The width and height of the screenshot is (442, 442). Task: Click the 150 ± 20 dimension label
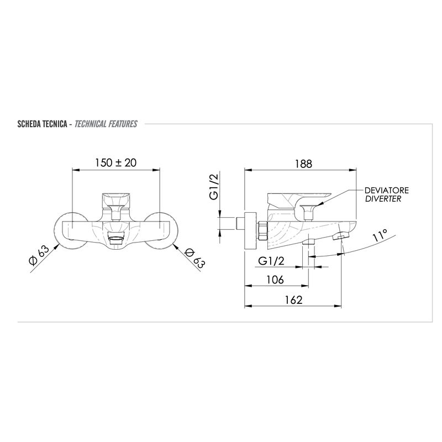(x=115, y=162)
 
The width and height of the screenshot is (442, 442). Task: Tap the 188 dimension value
(x=303, y=164)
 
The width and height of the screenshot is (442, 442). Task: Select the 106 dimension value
(x=275, y=280)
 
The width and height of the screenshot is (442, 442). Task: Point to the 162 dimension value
(x=293, y=299)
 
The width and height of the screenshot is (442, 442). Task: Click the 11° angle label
(x=380, y=235)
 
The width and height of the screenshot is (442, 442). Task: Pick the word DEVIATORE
(x=386, y=190)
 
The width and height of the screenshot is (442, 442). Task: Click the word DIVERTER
(x=383, y=199)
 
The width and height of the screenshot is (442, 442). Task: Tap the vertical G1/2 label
(x=214, y=187)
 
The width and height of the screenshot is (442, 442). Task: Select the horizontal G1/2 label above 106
(x=271, y=261)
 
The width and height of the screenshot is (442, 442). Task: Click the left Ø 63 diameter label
(x=39, y=255)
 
